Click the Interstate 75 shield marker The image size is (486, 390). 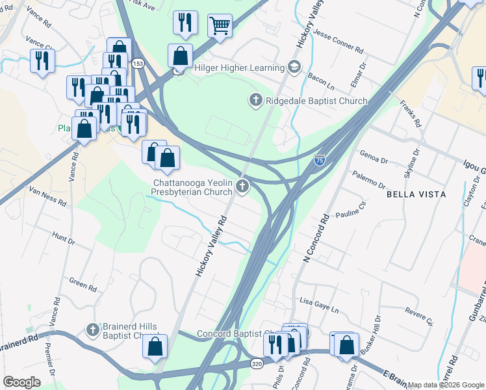[x=319, y=159]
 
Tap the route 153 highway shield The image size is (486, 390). [x=138, y=64]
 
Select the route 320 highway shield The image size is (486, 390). [x=257, y=365]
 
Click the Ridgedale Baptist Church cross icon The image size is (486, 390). [x=255, y=101]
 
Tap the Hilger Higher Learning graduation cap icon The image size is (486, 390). [x=294, y=68]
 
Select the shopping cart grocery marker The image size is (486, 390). [x=220, y=26]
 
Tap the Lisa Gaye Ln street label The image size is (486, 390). [x=319, y=302]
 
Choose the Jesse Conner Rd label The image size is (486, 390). [x=337, y=40]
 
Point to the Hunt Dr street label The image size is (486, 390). [x=64, y=240]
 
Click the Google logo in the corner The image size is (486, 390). [x=21, y=382]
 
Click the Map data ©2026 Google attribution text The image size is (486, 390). [x=446, y=385]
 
